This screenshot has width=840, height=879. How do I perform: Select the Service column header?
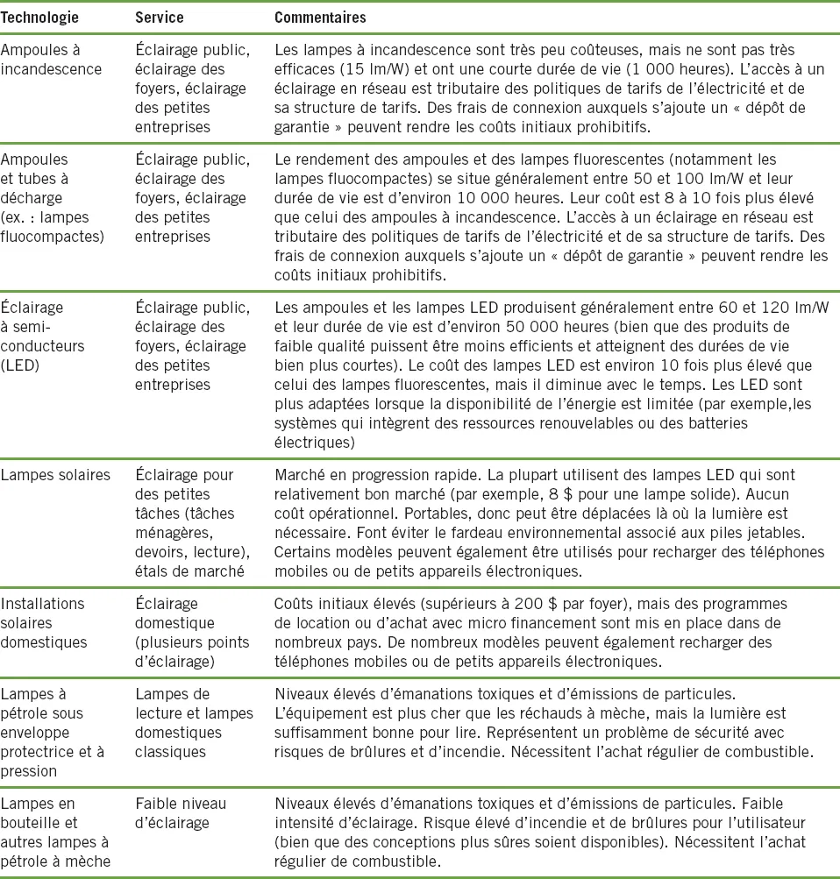pos(157,18)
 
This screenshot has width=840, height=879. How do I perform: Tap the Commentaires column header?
pos(320,18)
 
